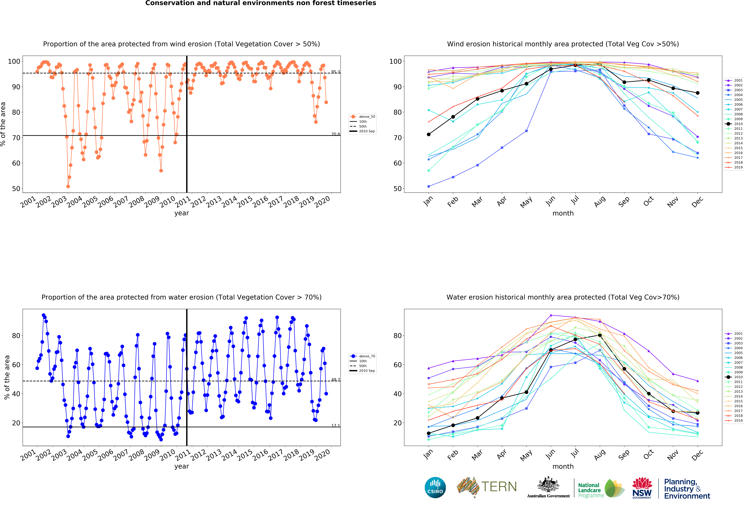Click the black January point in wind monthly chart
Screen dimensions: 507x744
(x=429, y=134)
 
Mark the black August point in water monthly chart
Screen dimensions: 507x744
(x=600, y=335)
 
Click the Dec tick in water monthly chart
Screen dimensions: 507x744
(x=697, y=455)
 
